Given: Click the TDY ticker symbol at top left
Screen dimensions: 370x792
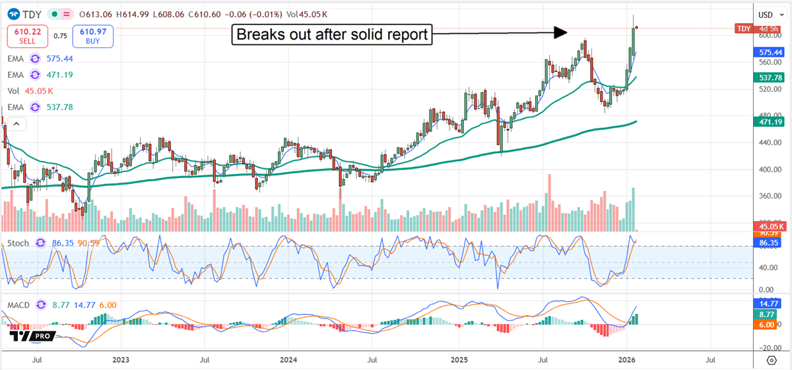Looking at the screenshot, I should [x=29, y=14].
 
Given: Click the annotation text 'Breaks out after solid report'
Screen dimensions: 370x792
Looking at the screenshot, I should [x=331, y=34].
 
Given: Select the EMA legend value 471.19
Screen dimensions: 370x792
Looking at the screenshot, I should [x=59, y=75].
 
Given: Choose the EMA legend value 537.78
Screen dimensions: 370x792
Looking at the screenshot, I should [x=59, y=107].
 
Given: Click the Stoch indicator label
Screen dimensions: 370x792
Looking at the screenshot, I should [x=18, y=243].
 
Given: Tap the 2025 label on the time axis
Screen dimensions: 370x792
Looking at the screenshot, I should [x=459, y=361].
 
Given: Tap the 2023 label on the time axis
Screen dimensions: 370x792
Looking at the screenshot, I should [x=121, y=361].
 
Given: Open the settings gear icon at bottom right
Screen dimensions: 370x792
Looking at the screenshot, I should [x=771, y=360].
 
